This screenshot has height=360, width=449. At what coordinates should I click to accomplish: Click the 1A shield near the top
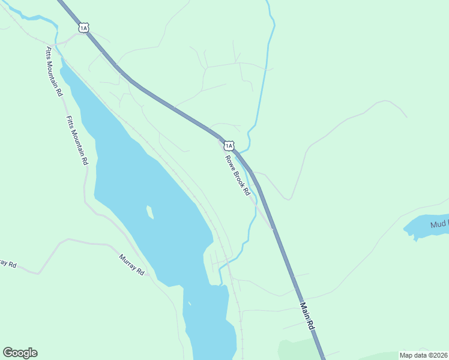pos(83,28)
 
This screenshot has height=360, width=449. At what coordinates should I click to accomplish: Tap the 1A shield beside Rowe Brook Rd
pos(228,146)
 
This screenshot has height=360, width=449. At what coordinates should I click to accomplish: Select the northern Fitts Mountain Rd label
pos(53,71)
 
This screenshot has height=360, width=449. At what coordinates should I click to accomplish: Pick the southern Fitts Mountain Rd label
pos(77,140)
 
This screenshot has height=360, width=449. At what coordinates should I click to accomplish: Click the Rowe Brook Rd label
pos(237,175)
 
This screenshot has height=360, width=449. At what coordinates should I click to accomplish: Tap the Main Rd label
pos(307,316)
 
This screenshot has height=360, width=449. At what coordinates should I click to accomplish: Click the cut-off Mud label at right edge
pos(439,225)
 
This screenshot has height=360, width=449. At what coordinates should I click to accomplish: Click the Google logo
pos(20,353)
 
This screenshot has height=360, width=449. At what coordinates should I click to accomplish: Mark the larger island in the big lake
pos(149,212)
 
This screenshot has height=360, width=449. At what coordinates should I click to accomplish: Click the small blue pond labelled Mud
pos(423,227)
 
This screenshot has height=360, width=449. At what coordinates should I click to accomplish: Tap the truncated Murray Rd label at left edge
pos(7,263)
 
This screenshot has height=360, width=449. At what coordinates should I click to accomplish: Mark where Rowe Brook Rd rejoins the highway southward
pos(272,229)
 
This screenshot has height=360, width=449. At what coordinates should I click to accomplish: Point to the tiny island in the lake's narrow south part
pos(188,303)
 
